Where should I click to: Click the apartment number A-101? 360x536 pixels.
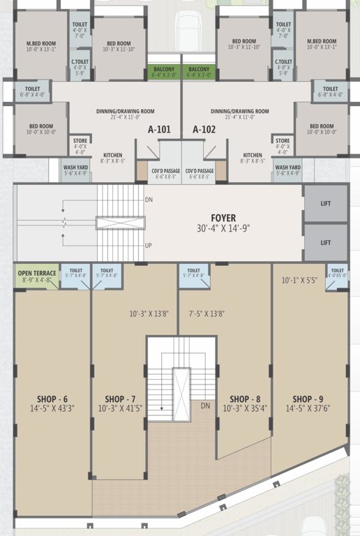[159, 129]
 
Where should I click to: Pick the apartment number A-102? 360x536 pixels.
[204, 129]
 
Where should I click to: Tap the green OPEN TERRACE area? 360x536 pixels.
[36, 276]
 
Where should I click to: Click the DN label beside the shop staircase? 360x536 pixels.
[205, 405]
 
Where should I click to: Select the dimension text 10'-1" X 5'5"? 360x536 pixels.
[299, 281]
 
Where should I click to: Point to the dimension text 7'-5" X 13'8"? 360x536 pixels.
[206, 314]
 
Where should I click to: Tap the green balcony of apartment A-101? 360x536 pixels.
[164, 73]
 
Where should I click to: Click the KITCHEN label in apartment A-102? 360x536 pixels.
[253, 155]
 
